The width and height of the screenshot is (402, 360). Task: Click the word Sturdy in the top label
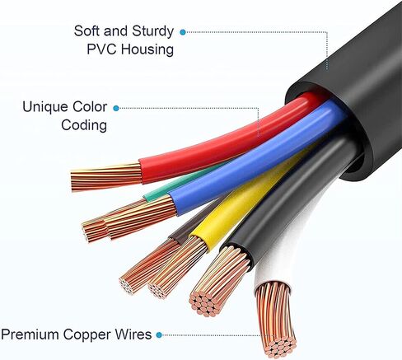coord(152,31)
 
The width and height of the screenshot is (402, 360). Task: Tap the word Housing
coord(147,49)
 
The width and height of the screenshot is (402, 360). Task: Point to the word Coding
coord(84,125)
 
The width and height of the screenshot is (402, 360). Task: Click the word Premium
coord(30,334)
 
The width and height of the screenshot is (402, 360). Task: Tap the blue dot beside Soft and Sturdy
coord(183,32)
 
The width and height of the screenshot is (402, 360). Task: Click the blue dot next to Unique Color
coord(116,109)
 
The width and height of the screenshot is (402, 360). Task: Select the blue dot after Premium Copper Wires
coord(159,335)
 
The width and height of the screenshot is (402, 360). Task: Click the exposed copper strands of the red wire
coord(106,176)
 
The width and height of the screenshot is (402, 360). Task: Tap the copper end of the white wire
coord(275,319)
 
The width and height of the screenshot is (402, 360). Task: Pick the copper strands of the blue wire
coord(140,217)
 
